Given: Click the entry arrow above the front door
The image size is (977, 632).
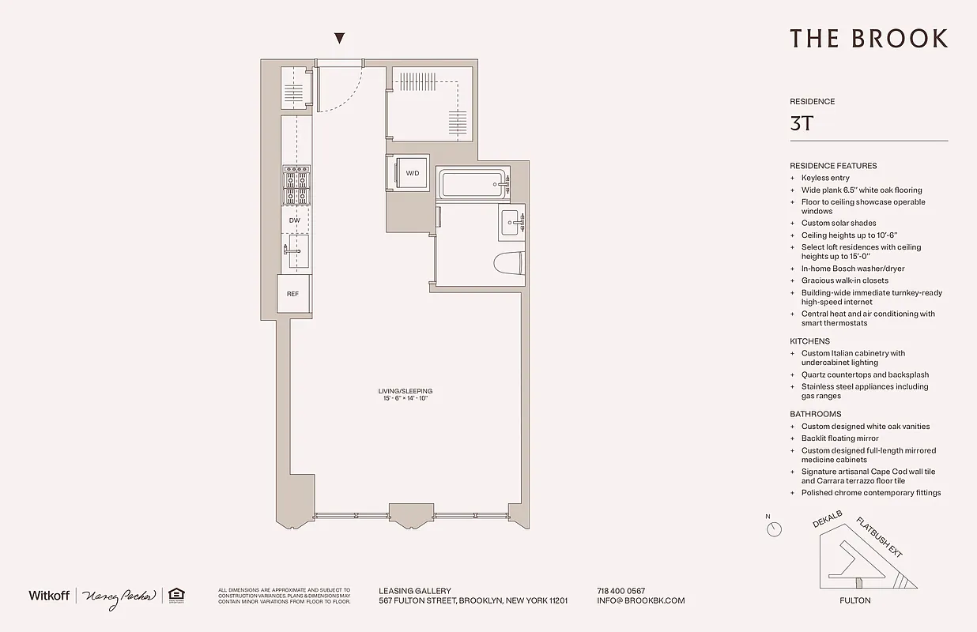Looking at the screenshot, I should (x=340, y=38).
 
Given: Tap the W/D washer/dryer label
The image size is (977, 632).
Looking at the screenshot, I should (x=413, y=173).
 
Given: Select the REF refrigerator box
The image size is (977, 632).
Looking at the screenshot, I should (x=292, y=294).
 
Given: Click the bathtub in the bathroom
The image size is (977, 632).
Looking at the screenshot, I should (x=473, y=186).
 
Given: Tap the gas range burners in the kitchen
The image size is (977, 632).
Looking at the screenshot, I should (x=296, y=185).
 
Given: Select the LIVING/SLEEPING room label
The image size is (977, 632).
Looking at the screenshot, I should (x=405, y=391).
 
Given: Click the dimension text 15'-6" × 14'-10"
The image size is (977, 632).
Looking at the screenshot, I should (x=405, y=399).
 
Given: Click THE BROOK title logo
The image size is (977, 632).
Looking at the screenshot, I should (x=868, y=39).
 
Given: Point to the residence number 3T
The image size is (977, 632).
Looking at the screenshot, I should (x=802, y=123).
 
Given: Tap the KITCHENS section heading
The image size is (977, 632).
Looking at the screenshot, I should (x=809, y=341).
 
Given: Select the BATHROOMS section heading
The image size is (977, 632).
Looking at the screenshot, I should (x=815, y=414).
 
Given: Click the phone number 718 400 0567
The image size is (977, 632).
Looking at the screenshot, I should (x=621, y=591).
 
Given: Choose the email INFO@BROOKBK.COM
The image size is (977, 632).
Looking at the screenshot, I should (x=641, y=600).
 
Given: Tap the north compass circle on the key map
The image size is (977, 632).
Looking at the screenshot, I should (x=774, y=529).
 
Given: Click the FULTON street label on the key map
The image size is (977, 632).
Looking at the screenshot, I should (x=854, y=600).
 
